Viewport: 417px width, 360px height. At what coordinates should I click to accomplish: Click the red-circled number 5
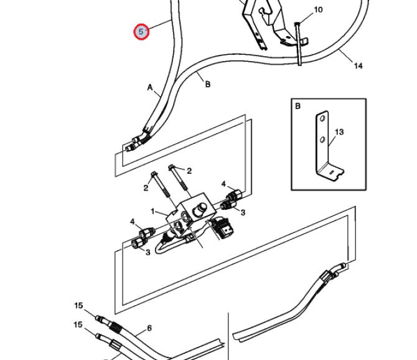tap(141, 32)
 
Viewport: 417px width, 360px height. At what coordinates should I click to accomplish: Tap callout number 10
tap(318, 10)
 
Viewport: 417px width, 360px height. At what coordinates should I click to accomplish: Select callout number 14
tap(358, 66)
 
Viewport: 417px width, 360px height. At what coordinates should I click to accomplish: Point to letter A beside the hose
tap(150, 87)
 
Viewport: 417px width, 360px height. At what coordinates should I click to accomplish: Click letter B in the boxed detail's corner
tap(298, 106)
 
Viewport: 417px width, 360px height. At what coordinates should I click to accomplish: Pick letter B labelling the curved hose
tap(208, 84)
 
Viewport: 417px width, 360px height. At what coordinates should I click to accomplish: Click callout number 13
tap(339, 131)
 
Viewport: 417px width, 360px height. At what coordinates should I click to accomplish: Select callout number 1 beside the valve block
tap(152, 212)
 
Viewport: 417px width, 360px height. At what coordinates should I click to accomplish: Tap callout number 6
tap(149, 328)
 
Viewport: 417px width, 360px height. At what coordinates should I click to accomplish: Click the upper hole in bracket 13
tap(322, 118)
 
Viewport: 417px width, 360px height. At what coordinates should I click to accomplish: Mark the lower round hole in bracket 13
tap(322, 139)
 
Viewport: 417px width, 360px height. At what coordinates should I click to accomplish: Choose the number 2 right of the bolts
tap(189, 171)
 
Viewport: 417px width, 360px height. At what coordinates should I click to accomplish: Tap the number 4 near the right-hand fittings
tap(223, 184)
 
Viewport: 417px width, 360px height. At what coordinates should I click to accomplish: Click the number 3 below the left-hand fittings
tap(148, 252)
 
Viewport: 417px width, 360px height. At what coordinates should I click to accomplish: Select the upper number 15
tap(78, 305)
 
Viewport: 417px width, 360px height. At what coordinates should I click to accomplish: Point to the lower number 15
tap(78, 325)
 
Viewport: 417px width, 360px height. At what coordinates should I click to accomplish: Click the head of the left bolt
tap(154, 174)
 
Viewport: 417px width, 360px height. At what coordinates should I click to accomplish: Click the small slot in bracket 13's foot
tap(331, 173)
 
